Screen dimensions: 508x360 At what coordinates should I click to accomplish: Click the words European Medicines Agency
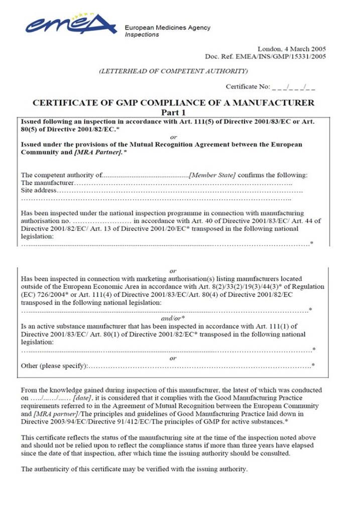click(x=167, y=28)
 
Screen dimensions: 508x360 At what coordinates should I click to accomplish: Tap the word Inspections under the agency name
click(x=142, y=35)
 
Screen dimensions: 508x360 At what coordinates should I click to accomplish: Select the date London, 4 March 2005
click(x=292, y=49)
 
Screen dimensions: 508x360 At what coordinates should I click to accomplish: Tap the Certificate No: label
click(x=248, y=87)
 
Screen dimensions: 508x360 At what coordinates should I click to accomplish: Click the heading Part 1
click(x=173, y=112)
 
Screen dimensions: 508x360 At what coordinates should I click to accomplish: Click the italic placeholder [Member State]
click(x=212, y=175)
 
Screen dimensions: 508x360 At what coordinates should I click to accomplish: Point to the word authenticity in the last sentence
click(x=54, y=469)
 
